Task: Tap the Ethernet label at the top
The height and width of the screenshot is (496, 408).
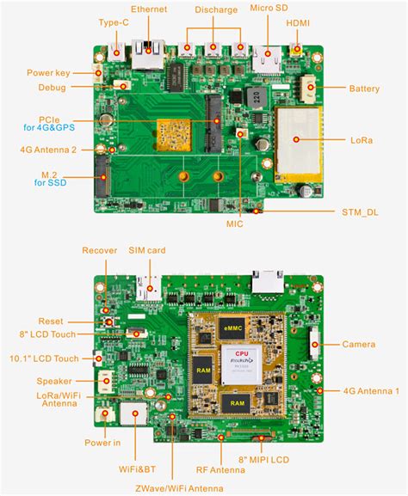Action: click(x=149, y=8)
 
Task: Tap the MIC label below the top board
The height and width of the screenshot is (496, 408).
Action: click(x=234, y=224)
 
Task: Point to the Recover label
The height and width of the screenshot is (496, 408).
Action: click(x=100, y=250)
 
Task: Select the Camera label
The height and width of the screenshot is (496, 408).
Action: click(x=358, y=344)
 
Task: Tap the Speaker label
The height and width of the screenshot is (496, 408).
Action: click(x=54, y=381)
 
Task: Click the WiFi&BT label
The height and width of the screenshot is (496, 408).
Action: click(x=137, y=469)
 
